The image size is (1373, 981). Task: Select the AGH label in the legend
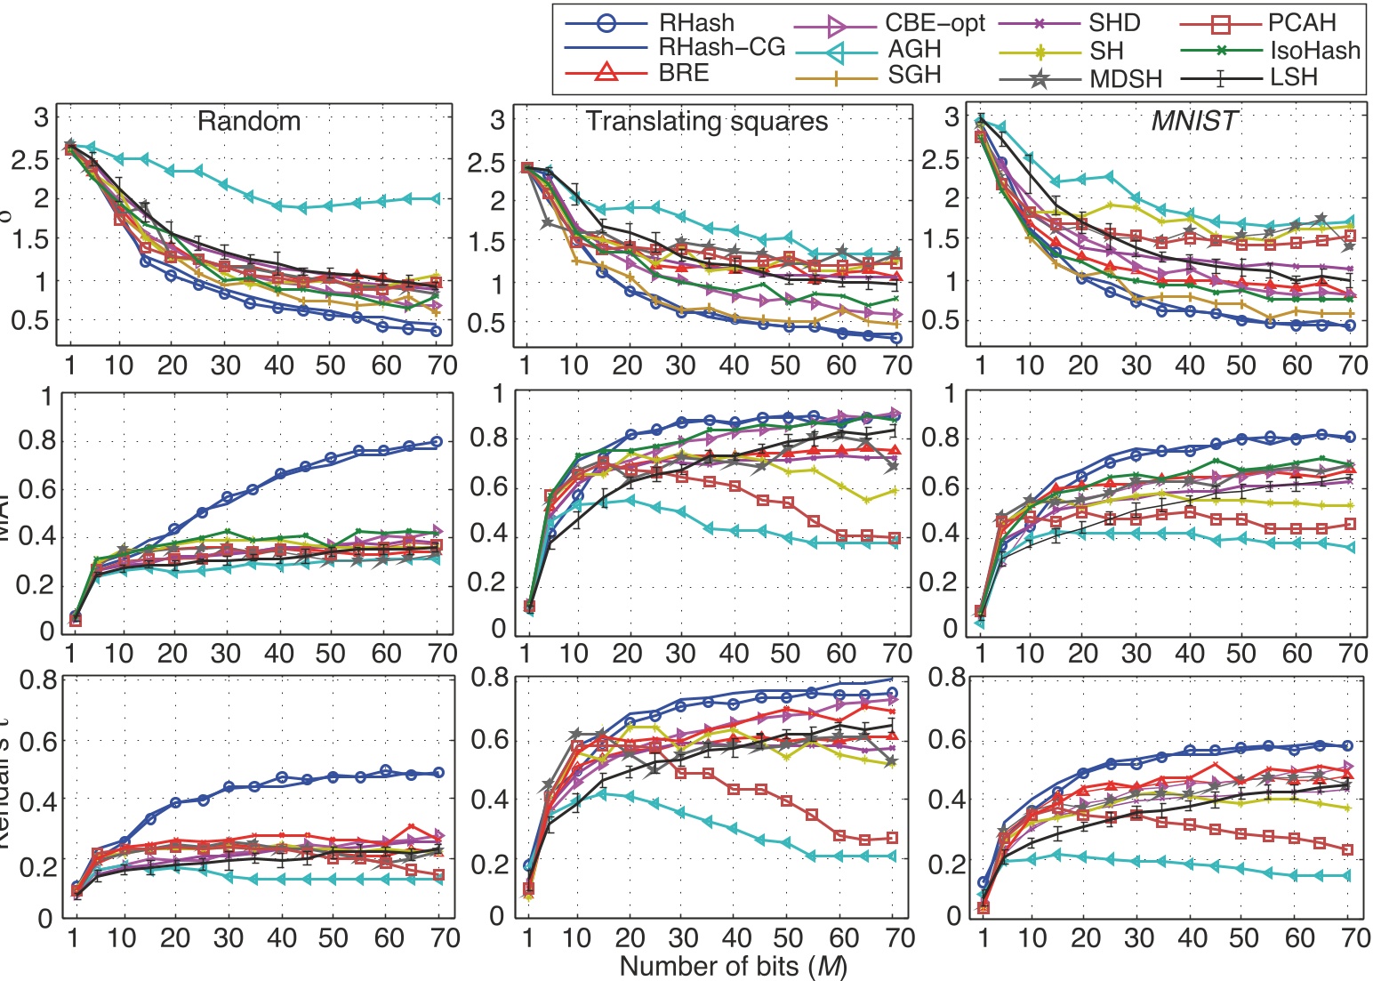[914, 50]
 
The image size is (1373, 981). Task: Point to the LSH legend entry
[1294, 77]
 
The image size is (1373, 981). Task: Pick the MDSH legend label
[1126, 78]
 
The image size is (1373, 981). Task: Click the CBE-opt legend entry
[935, 23]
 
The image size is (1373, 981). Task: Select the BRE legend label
[684, 73]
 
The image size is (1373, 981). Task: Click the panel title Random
[249, 121]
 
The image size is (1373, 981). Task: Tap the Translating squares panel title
[707, 121]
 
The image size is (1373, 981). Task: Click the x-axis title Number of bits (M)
[733, 966]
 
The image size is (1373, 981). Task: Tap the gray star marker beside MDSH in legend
[1037, 78]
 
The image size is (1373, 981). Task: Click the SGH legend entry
[915, 76]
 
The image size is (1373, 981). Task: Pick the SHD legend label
[1113, 23]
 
